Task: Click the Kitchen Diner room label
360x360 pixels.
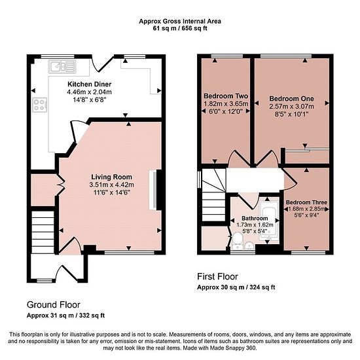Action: click(x=89, y=84)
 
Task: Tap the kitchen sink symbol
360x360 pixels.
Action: click(x=62, y=67)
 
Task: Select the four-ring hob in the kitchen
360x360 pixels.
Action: click(x=40, y=105)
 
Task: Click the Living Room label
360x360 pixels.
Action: click(x=111, y=177)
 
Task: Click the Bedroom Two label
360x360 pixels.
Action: click(x=226, y=96)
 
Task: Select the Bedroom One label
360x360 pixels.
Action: click(x=291, y=99)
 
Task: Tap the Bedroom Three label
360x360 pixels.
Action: click(x=306, y=202)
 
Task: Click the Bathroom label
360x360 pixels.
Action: click(x=255, y=218)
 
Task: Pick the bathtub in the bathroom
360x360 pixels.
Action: click(x=269, y=221)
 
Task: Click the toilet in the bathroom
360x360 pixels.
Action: click(x=237, y=241)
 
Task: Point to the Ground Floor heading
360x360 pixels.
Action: click(x=54, y=304)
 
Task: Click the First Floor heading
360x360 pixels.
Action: click(x=217, y=276)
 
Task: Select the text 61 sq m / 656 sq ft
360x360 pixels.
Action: click(x=180, y=28)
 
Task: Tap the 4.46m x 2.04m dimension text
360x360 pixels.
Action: click(x=89, y=92)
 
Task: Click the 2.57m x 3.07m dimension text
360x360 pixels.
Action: click(x=291, y=106)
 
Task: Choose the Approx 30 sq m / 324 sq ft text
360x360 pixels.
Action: click(x=236, y=287)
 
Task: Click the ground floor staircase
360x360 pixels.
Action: click(x=43, y=232)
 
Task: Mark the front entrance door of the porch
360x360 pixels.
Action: click(x=67, y=273)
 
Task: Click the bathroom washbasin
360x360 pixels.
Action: click(x=249, y=245)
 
